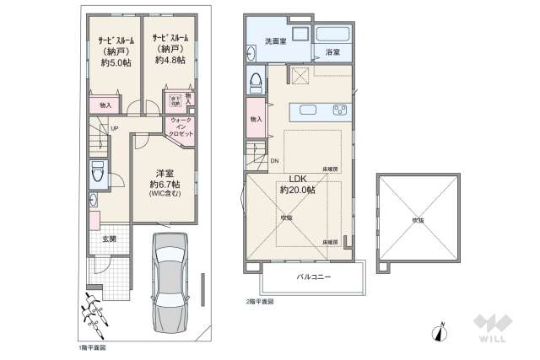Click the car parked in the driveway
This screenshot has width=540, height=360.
[x=174, y=284]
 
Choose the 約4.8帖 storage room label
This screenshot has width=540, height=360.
[x=168, y=51]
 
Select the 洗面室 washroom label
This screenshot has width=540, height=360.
[x=275, y=41]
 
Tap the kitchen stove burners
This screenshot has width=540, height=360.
[x=340, y=110]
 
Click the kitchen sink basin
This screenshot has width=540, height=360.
[x=305, y=110]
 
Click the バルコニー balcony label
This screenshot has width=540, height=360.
[x=313, y=277]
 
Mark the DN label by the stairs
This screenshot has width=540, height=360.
[x=274, y=161]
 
